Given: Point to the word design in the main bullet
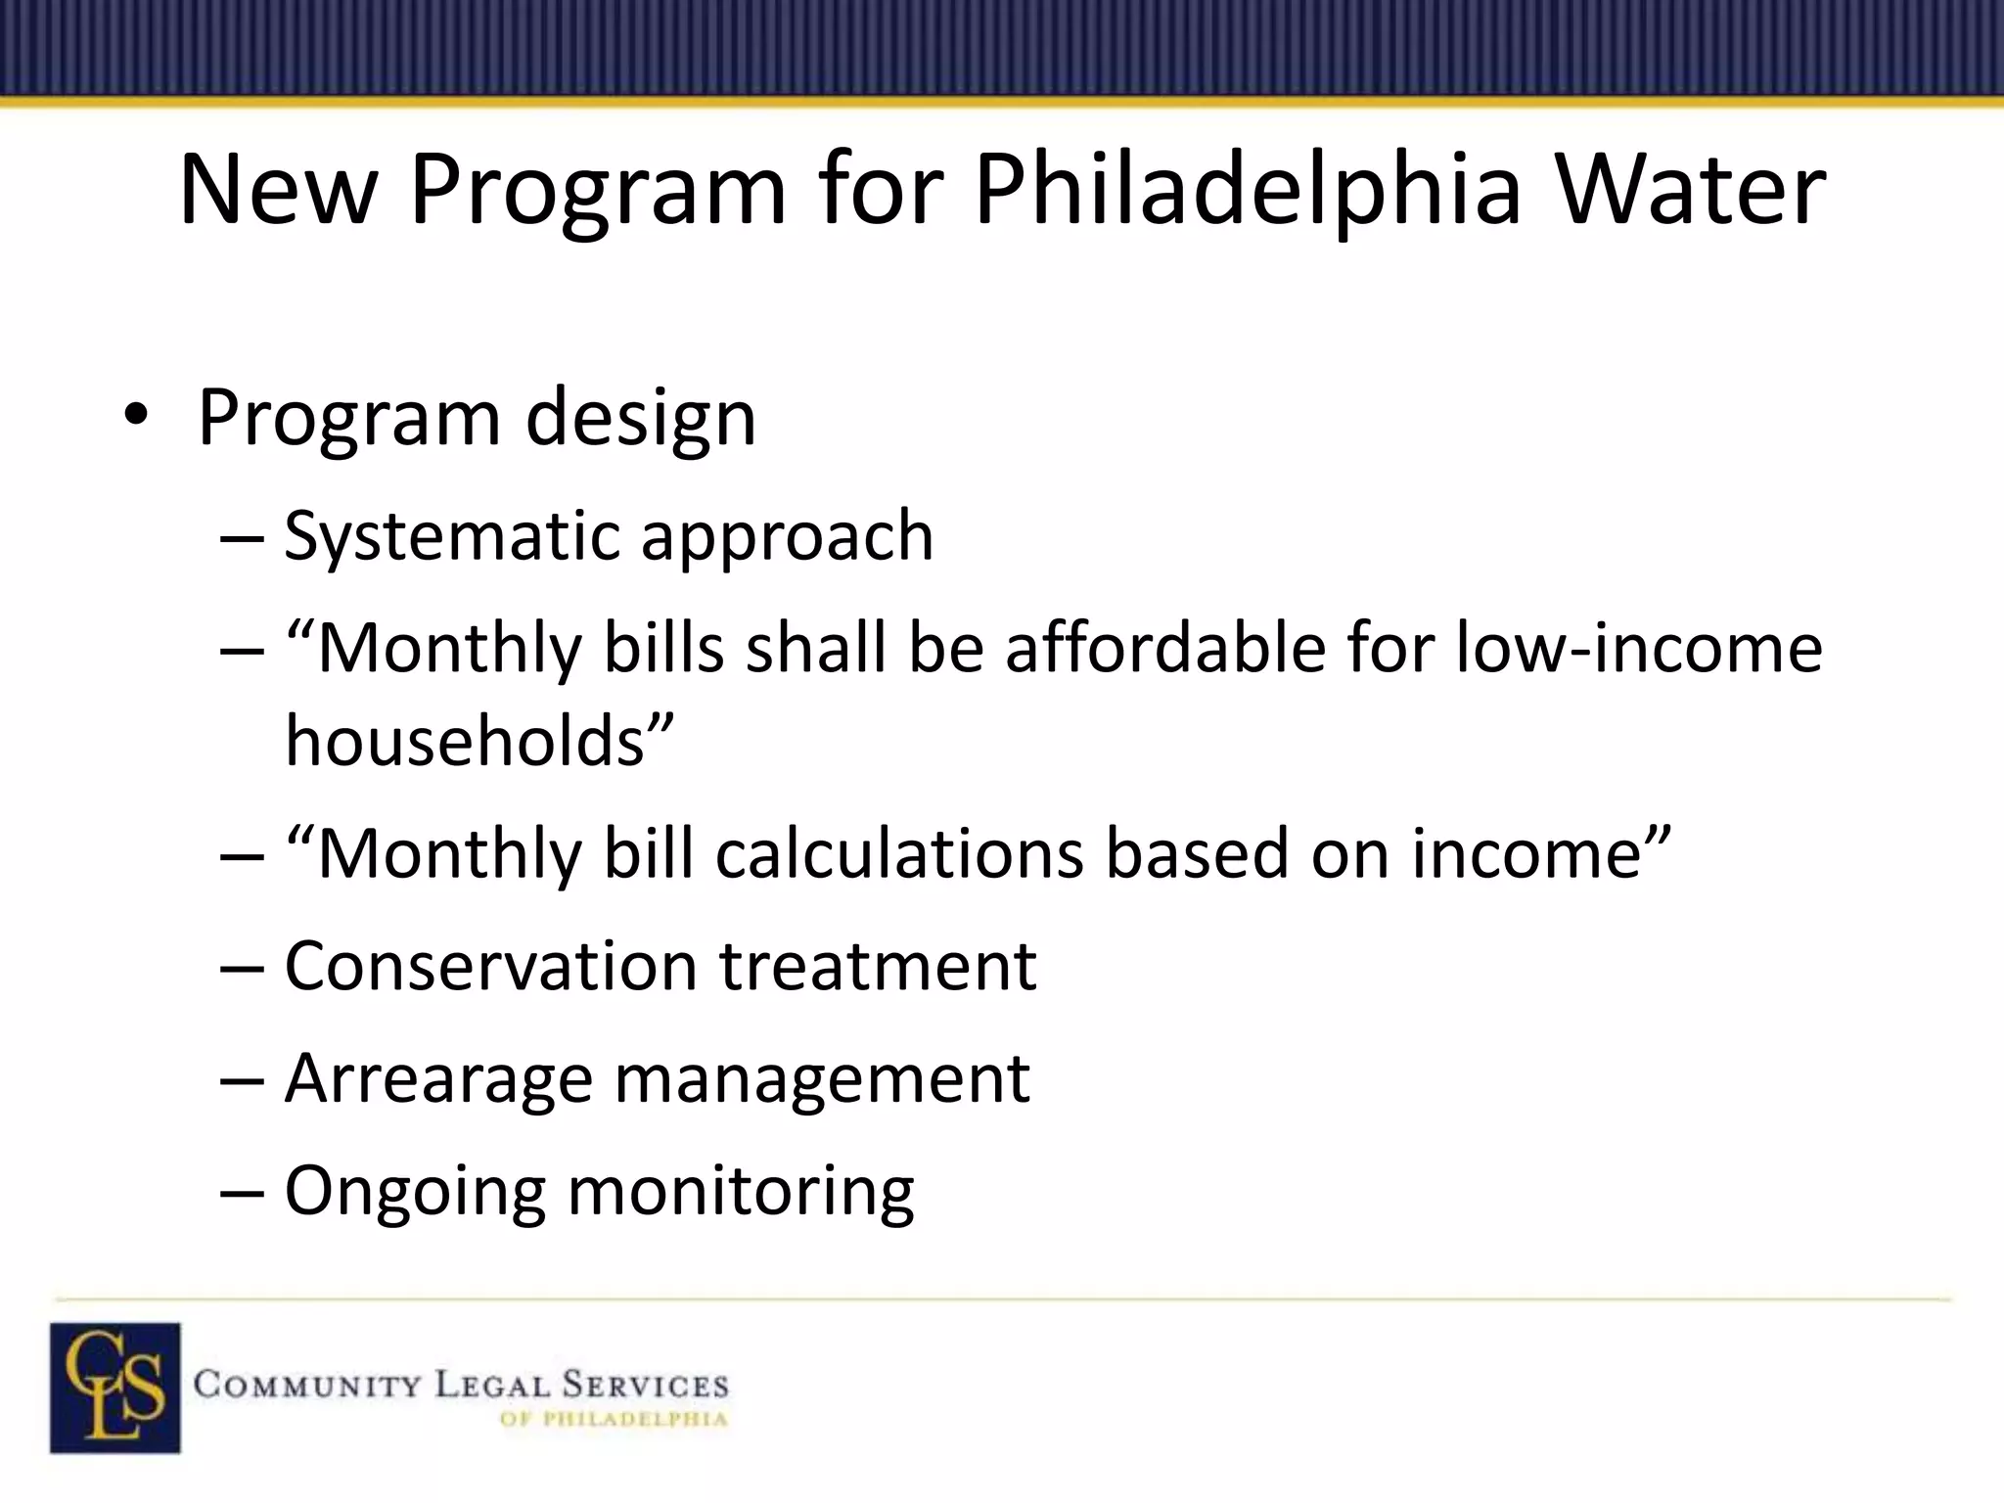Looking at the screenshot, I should [x=641, y=418].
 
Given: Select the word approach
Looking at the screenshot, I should [x=788, y=536].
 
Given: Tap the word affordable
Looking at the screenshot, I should [x=1164, y=648].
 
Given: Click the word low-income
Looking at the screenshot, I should [x=1639, y=648].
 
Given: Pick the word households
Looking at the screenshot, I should [x=465, y=740].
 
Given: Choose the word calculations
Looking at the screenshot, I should [x=898, y=853].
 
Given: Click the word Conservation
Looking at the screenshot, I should [x=489, y=966].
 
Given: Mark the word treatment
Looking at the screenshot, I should [x=878, y=966].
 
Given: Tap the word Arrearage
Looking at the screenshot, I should [x=438, y=1078].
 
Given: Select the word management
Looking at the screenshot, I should [x=822, y=1078].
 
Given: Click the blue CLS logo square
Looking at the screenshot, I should [x=115, y=1387].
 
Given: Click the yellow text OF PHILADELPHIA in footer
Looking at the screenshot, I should [x=614, y=1420].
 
